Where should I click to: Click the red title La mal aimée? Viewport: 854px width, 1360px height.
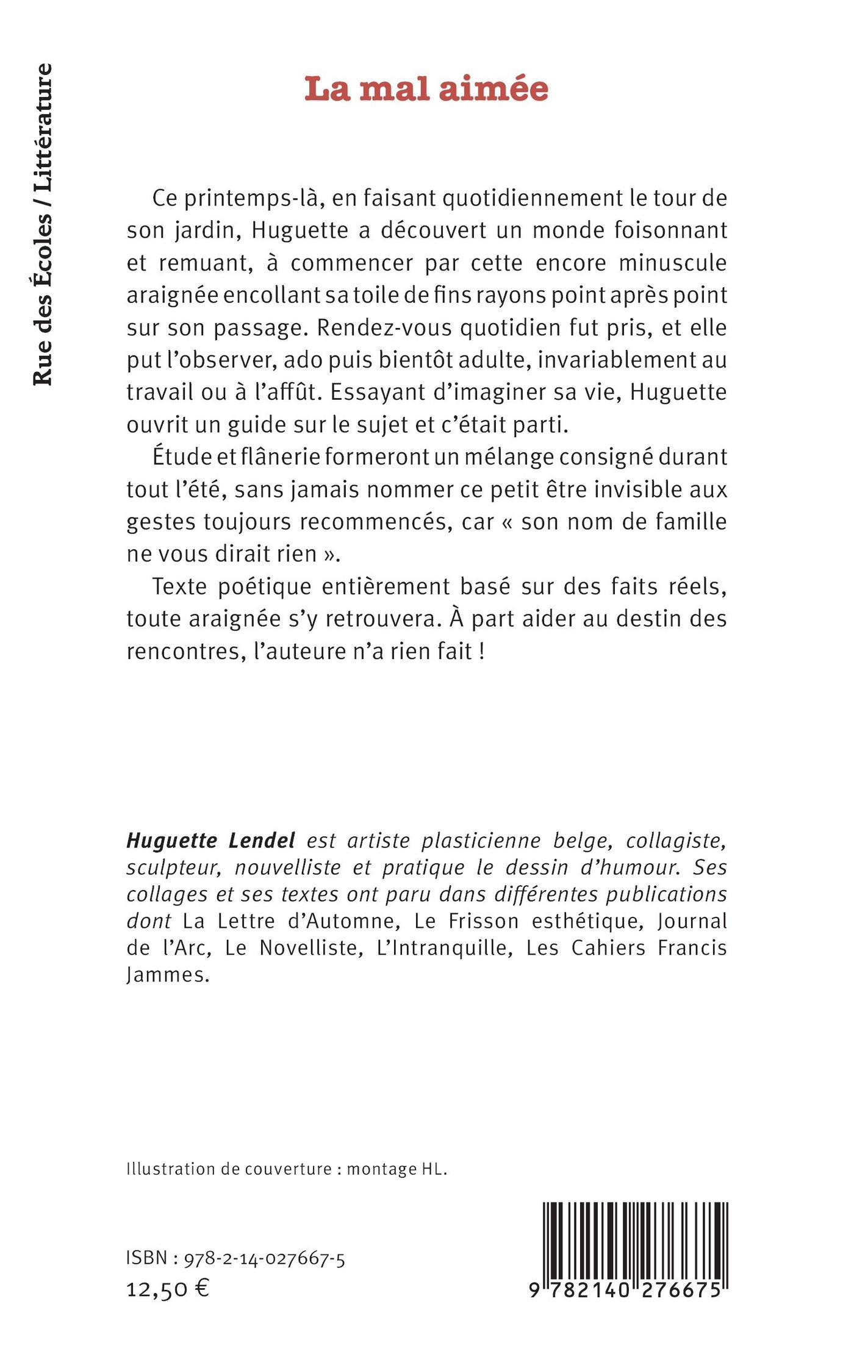(426, 89)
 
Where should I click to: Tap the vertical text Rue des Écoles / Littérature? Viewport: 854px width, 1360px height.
(43, 225)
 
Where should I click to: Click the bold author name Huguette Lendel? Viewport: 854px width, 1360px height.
(210, 841)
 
